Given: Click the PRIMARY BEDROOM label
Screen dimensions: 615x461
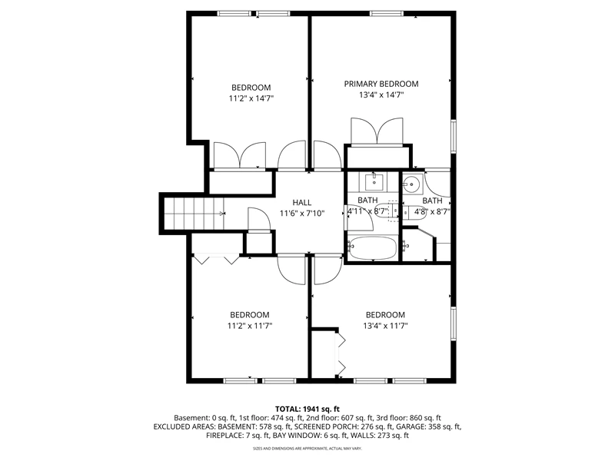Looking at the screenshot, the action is pyautogui.click(x=381, y=84).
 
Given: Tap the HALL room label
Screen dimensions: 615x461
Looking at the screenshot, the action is pyautogui.click(x=302, y=203).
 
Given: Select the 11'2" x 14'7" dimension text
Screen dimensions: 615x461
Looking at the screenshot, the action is pyautogui.click(x=251, y=98).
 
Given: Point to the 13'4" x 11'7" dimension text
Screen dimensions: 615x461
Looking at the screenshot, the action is pyautogui.click(x=386, y=326).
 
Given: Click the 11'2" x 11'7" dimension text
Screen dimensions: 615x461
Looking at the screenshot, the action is pyautogui.click(x=250, y=326).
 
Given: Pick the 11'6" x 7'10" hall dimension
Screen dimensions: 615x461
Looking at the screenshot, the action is pyautogui.click(x=302, y=214).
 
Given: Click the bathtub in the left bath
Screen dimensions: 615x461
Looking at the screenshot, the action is pyautogui.click(x=372, y=248).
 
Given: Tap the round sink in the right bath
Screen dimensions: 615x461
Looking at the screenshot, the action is pyautogui.click(x=412, y=184).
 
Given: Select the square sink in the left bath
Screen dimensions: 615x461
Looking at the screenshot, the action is pyautogui.click(x=374, y=182).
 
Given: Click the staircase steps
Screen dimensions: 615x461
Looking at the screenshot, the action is pyautogui.click(x=194, y=214).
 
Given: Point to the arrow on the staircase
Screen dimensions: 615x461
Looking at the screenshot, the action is pyautogui.click(x=222, y=214).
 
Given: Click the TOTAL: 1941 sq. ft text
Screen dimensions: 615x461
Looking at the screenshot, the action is pyautogui.click(x=307, y=410).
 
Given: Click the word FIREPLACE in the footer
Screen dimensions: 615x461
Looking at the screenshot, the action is pyautogui.click(x=225, y=435).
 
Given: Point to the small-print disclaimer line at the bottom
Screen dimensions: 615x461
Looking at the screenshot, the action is pyautogui.click(x=307, y=448).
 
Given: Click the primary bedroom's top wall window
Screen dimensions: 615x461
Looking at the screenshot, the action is pyautogui.click(x=387, y=14).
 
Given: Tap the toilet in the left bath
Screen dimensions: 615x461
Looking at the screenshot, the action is pyautogui.click(x=387, y=211).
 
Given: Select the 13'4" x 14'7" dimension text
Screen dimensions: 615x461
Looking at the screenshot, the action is pyautogui.click(x=381, y=95).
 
